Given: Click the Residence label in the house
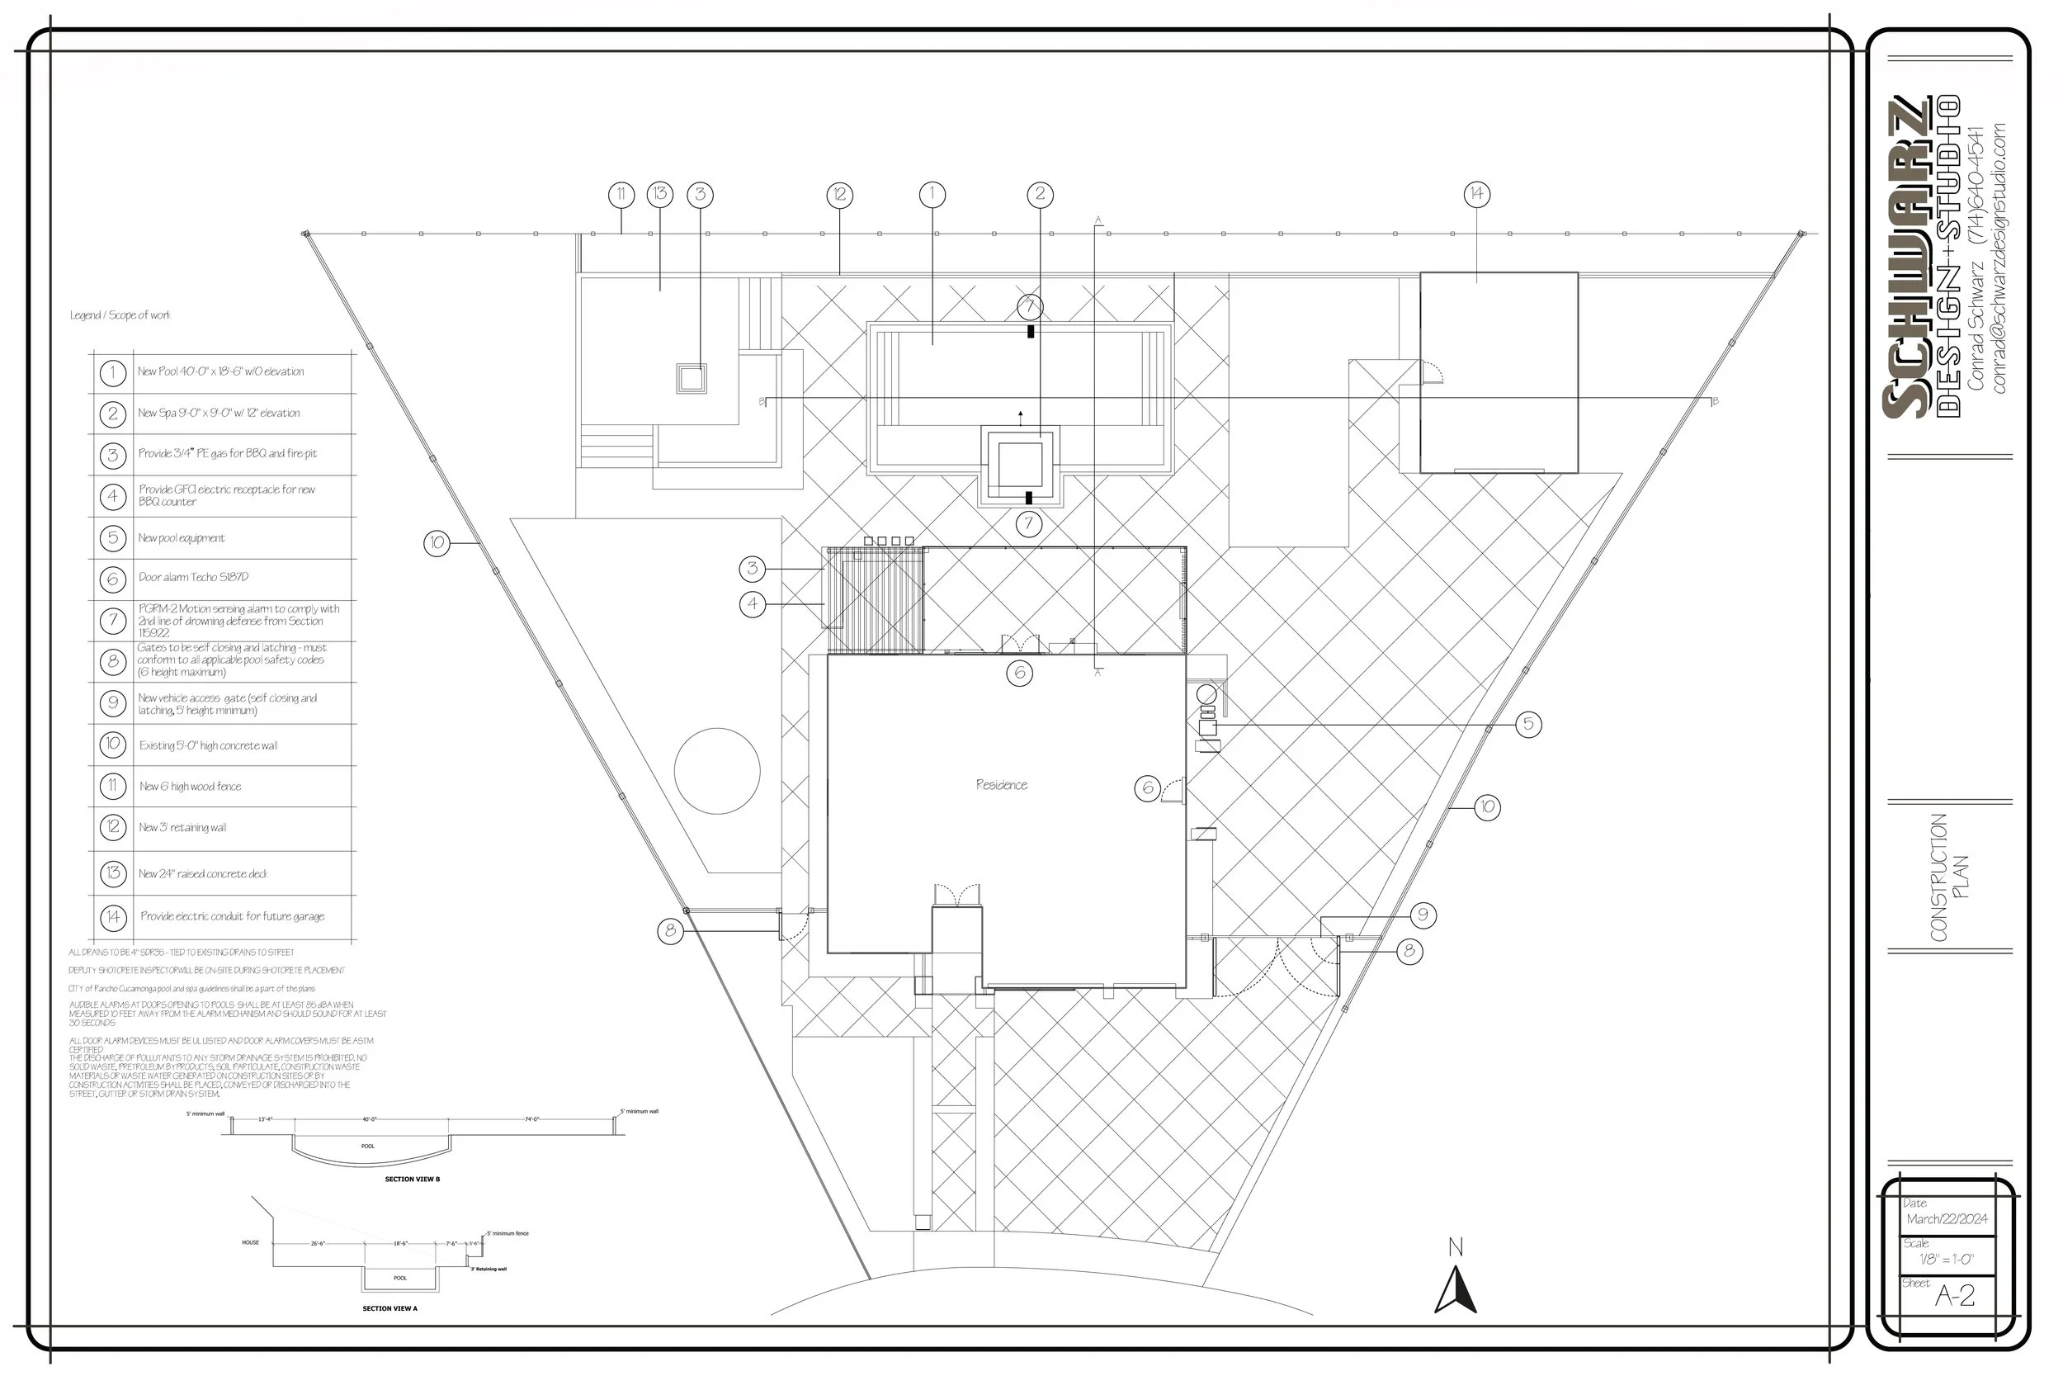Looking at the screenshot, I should click(x=1001, y=784).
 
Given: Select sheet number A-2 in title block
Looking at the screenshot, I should click(x=1954, y=1295).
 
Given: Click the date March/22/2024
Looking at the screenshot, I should click(x=1947, y=1219).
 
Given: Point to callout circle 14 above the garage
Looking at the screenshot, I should click(x=1477, y=194).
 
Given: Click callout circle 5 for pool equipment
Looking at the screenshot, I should click(x=1528, y=724).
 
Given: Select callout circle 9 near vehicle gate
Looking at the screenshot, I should click(x=1423, y=915).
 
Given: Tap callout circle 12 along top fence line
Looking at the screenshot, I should click(x=839, y=195).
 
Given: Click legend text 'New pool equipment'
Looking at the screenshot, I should click(x=181, y=538).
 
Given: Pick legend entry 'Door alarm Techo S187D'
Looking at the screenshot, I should click(x=193, y=578).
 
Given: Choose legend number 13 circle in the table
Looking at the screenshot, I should click(x=112, y=873).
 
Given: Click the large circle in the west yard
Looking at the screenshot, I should click(x=716, y=770).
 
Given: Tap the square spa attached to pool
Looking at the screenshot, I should click(x=1020, y=465).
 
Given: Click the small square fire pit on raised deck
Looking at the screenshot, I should click(x=692, y=378).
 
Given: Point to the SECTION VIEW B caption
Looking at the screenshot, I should click(x=413, y=1180).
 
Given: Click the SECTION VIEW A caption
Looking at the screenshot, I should click(x=389, y=1308).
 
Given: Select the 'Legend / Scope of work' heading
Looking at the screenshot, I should click(x=120, y=315).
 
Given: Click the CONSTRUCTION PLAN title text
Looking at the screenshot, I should click(x=1949, y=877).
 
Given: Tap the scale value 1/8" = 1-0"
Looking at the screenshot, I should click(x=1946, y=1260).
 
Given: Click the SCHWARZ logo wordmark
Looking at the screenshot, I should click(x=1905, y=259).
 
